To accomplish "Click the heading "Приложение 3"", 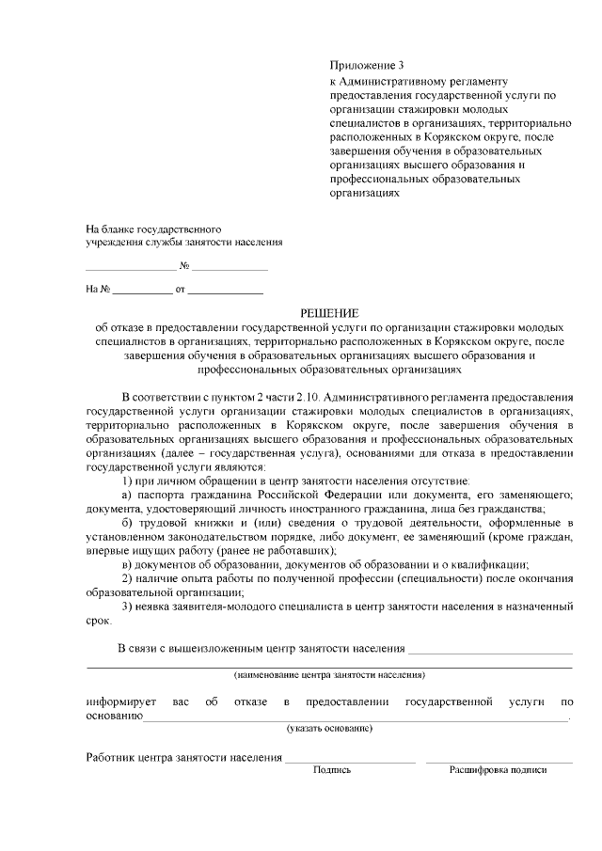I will point(366,66).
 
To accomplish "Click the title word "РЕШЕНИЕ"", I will point(329,312).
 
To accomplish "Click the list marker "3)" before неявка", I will point(128,607).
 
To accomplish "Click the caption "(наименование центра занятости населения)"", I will point(329,675).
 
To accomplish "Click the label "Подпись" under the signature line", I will point(332,769).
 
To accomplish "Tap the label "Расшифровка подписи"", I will point(498,769).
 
